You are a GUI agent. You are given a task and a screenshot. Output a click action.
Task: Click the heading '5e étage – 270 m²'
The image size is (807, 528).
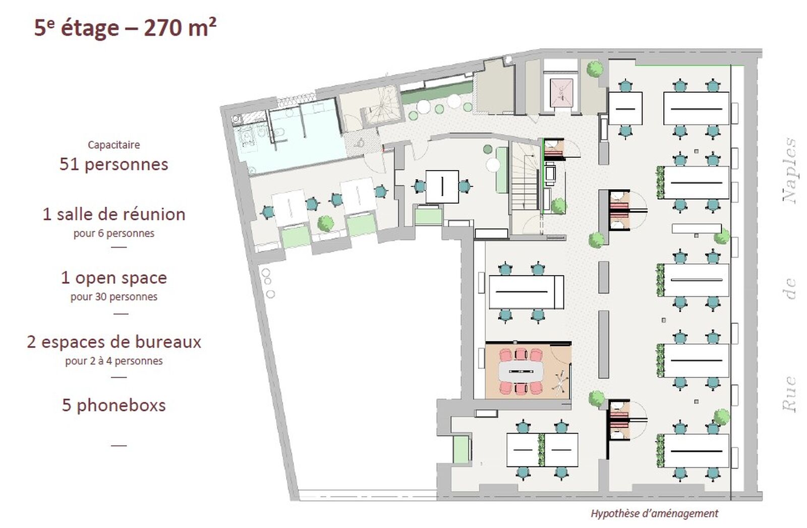125,28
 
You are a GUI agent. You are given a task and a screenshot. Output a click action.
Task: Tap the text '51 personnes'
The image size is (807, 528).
114,164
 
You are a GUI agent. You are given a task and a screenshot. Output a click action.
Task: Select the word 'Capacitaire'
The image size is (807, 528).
114,145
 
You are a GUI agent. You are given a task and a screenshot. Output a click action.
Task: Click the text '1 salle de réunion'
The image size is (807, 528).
114,214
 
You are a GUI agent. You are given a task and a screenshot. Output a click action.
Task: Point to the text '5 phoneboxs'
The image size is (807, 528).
114,405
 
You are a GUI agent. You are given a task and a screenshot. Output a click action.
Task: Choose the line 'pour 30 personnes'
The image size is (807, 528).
114,297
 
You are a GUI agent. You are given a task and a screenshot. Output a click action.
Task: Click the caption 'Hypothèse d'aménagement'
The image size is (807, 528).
655,513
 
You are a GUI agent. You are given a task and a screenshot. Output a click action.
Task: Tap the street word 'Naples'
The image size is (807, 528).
790,170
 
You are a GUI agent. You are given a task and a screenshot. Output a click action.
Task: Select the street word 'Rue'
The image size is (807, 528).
790,394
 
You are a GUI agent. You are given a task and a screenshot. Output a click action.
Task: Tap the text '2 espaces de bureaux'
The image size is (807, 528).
114,342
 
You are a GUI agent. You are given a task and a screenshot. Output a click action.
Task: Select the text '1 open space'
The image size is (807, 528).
114,278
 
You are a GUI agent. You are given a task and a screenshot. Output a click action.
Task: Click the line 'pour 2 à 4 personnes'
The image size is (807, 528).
114,361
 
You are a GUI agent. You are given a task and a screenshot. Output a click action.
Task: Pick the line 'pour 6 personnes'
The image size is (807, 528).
114,233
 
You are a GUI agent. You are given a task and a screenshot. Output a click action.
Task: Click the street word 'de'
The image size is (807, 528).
790,288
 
